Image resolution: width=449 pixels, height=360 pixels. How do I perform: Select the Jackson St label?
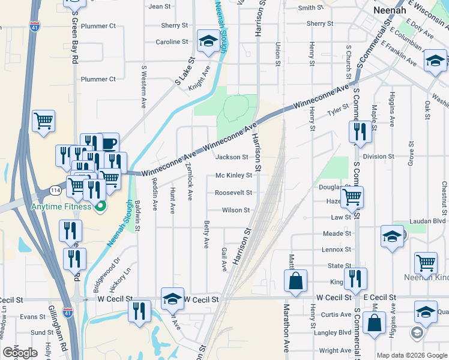pyautogui.click(x=232, y=157)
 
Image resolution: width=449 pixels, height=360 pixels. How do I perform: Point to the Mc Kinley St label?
pyautogui.click(x=234, y=176)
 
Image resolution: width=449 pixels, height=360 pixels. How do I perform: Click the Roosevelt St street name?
pyautogui.click(x=234, y=193)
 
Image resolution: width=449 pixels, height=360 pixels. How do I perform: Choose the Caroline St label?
pyautogui.click(x=172, y=42)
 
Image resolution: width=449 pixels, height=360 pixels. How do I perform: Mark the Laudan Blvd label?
pyautogui.click(x=429, y=221)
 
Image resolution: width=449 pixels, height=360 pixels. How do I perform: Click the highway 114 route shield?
pyautogui.click(x=55, y=190)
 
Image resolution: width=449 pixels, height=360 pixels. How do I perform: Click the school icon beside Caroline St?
pyautogui.click(x=208, y=41)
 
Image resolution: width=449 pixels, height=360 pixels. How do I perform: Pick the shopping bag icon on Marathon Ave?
pyautogui.click(x=296, y=280)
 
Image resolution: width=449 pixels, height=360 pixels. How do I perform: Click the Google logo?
pyautogui.click(x=20, y=353)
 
